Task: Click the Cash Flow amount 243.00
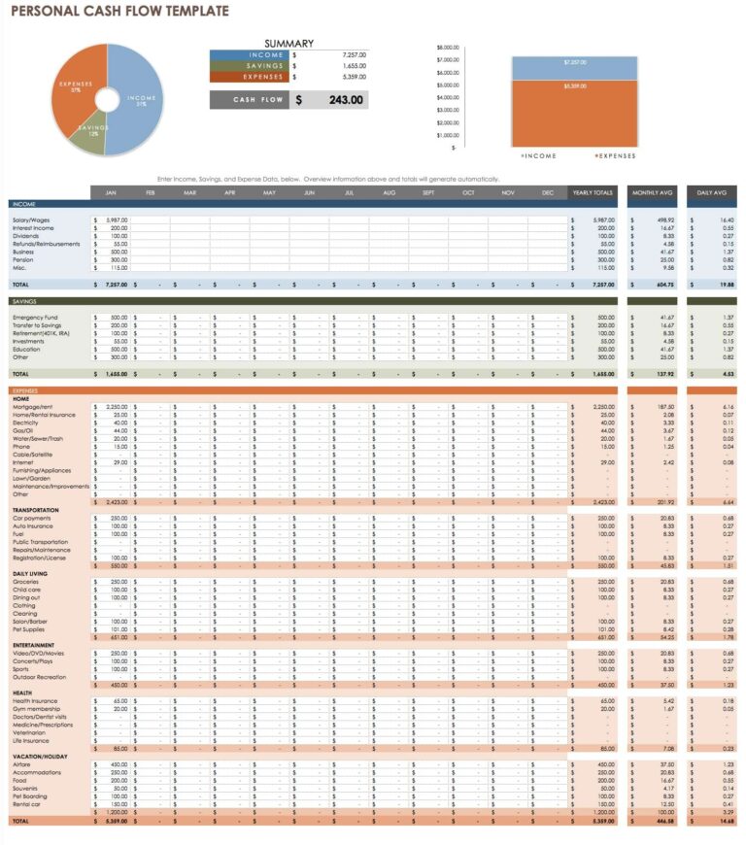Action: [x=346, y=100]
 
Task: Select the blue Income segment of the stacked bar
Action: [x=574, y=67]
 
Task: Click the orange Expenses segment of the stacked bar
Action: [x=574, y=112]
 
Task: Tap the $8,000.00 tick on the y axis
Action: [x=447, y=47]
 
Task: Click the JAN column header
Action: [x=110, y=192]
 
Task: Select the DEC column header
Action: [x=548, y=192]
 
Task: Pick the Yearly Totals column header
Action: [x=593, y=192]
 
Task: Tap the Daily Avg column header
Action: [x=711, y=192]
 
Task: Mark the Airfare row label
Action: [x=22, y=764]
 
